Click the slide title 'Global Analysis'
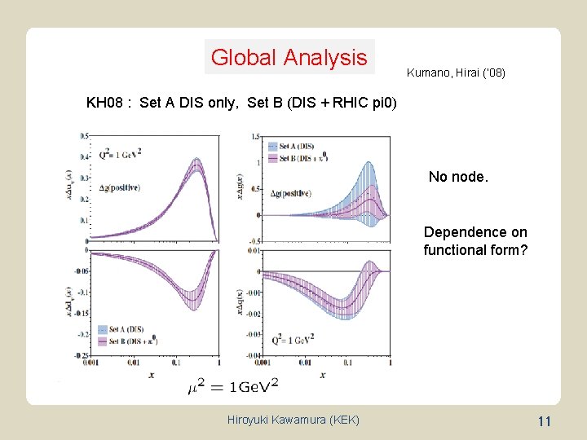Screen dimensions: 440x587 click(289, 58)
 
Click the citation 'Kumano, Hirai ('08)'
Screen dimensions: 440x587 click(456, 73)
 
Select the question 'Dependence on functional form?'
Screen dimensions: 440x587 click(475, 241)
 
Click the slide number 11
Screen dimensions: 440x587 click(545, 420)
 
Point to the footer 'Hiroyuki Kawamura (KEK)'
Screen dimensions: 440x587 click(293, 420)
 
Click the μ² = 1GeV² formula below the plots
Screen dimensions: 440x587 click(232, 384)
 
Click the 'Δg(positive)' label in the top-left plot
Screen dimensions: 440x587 click(117, 188)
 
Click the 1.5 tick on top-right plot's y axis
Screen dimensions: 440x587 click(256, 137)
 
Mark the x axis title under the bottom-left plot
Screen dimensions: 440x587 click(152, 373)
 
